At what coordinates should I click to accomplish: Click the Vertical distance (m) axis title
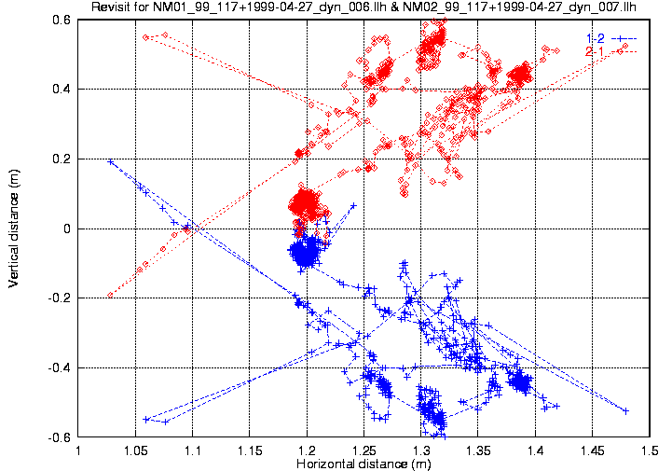13,228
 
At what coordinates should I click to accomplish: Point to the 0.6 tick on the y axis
62,20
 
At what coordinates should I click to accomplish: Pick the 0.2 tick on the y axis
62,159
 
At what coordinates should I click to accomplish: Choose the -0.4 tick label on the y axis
60,367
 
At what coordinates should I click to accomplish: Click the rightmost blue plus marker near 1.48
626,410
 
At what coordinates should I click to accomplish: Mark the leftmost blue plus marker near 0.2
111,161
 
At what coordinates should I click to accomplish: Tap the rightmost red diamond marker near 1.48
625,46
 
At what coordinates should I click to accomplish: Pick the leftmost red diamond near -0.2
110,295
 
